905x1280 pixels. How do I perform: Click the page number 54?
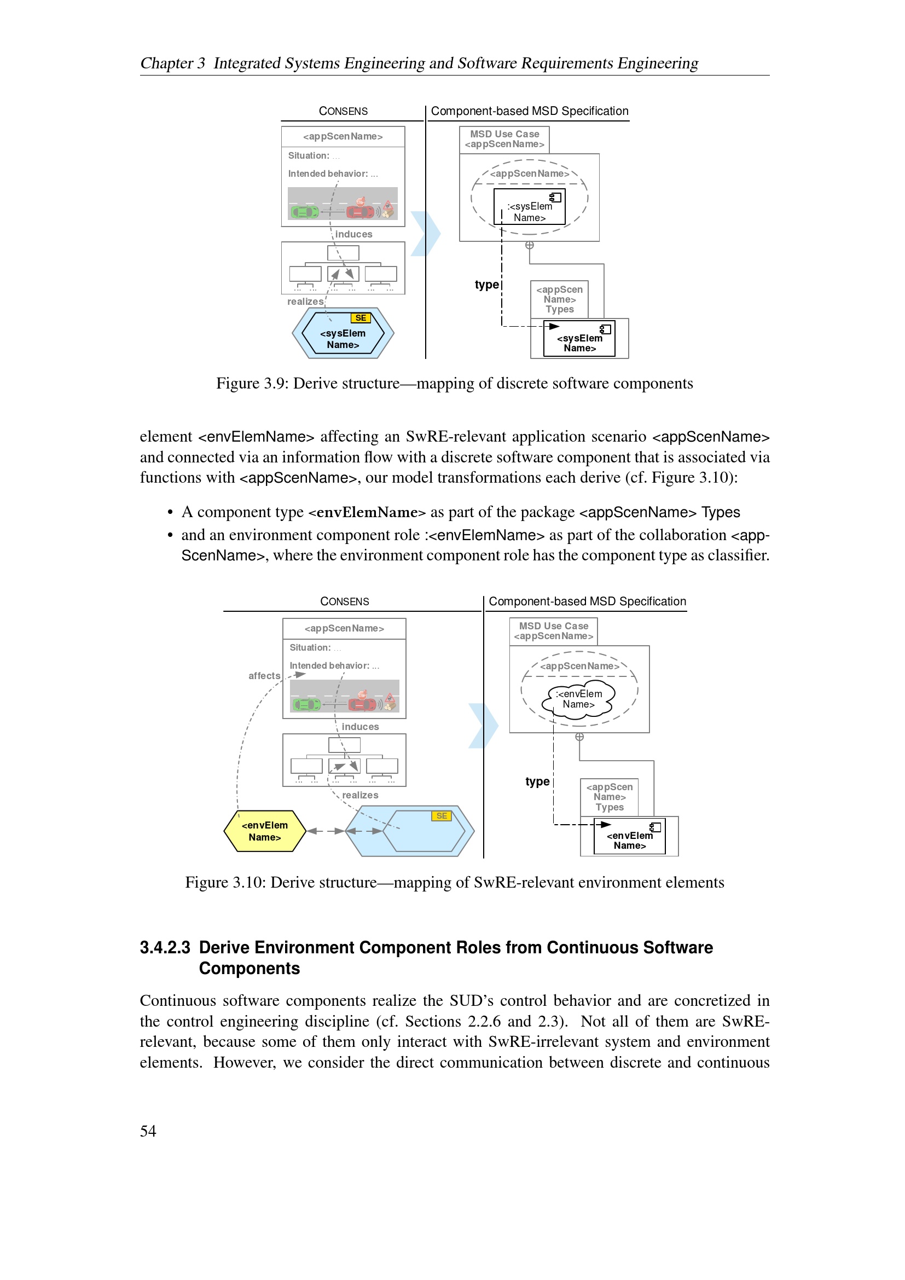(x=148, y=1131)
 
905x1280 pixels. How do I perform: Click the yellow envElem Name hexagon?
(x=265, y=831)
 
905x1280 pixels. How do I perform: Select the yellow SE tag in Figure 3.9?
(x=361, y=318)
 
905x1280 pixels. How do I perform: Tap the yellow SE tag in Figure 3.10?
(x=442, y=815)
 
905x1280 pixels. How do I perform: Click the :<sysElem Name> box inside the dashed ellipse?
(x=530, y=207)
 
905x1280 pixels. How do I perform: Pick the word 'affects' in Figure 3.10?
(x=264, y=676)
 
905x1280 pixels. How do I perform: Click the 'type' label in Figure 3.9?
(x=486, y=285)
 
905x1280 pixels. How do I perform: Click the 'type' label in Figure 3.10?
(x=537, y=781)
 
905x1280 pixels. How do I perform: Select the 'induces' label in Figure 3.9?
(x=353, y=234)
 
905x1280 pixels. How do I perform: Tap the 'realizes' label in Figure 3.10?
(x=360, y=795)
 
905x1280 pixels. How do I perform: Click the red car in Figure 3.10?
(x=362, y=704)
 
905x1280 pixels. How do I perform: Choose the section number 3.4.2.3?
(x=165, y=948)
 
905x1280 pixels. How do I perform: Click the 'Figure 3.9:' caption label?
(x=252, y=384)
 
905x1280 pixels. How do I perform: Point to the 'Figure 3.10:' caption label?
(x=225, y=883)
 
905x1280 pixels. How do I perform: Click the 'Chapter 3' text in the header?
(x=172, y=63)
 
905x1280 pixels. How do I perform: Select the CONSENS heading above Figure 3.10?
(x=344, y=601)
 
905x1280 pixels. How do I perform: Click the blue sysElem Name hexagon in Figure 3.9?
(x=343, y=334)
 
